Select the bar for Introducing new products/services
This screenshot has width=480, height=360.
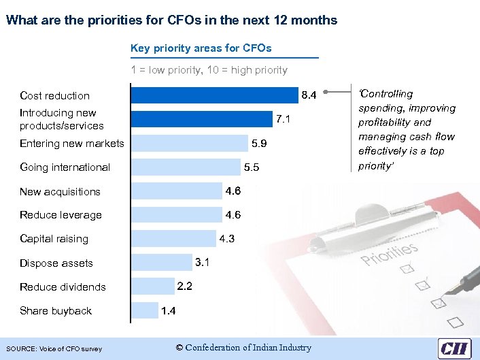click(x=201, y=119)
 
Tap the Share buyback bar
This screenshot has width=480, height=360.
click(x=144, y=310)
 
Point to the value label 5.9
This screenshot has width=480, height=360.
click(x=259, y=144)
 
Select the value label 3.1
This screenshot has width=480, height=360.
click(x=203, y=262)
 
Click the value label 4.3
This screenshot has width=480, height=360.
click(x=226, y=239)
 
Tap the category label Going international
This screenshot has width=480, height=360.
click(x=65, y=167)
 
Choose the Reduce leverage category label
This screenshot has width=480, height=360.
click(x=61, y=215)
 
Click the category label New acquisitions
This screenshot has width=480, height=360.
click(x=60, y=192)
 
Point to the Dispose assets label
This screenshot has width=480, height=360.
click(x=56, y=263)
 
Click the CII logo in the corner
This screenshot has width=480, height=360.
click(x=454, y=347)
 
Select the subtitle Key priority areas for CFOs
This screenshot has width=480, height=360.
click(x=201, y=48)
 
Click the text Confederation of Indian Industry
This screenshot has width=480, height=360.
click(x=243, y=348)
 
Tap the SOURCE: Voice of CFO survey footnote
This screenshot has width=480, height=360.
click(x=54, y=349)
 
